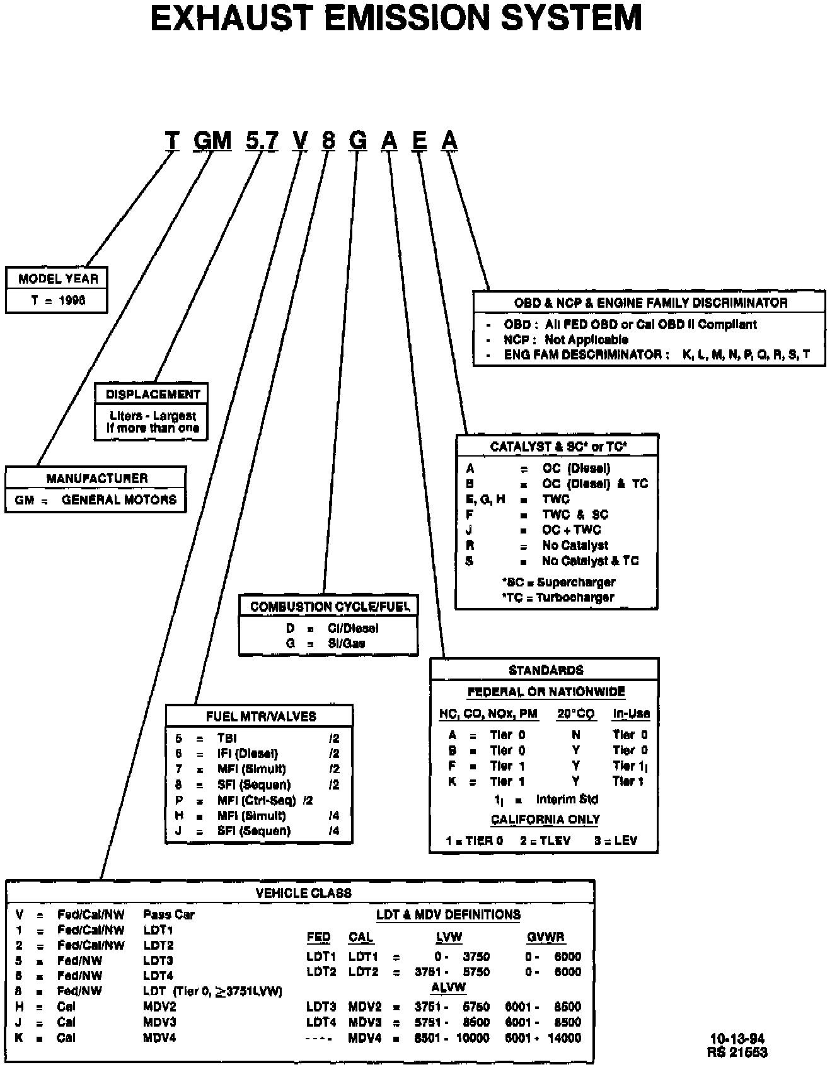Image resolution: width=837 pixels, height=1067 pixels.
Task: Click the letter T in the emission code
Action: pyautogui.click(x=172, y=140)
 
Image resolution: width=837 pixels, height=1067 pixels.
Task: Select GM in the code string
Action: pyautogui.click(x=213, y=140)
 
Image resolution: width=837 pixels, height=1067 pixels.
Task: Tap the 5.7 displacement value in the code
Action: pyautogui.click(x=262, y=140)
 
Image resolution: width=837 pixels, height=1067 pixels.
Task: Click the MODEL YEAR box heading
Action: pyautogui.click(x=57, y=279)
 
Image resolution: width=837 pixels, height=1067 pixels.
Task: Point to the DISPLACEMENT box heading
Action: pyautogui.click(x=153, y=394)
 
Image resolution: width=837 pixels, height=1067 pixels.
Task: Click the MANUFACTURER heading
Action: pyautogui.click(x=96, y=478)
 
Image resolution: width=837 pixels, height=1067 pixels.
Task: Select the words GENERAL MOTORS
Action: pyautogui.click(x=119, y=499)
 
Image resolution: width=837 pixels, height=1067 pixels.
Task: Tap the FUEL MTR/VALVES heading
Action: pyautogui.click(x=260, y=716)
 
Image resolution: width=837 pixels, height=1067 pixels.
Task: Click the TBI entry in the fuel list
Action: pyautogui.click(x=227, y=738)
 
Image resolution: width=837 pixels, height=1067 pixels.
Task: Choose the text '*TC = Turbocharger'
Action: pyautogui.click(x=558, y=597)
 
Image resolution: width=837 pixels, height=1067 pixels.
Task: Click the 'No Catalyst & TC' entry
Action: pyautogui.click(x=590, y=561)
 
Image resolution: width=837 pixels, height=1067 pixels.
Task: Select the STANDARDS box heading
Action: pyautogui.click(x=546, y=670)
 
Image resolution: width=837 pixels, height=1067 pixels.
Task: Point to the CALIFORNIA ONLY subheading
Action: pyautogui.click(x=545, y=819)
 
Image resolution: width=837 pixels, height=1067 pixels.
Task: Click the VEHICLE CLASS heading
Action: pyautogui.click(x=303, y=893)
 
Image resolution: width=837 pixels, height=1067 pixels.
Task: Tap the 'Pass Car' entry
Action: pyautogui.click(x=168, y=914)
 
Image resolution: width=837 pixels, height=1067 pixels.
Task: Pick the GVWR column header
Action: pyautogui.click(x=545, y=937)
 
